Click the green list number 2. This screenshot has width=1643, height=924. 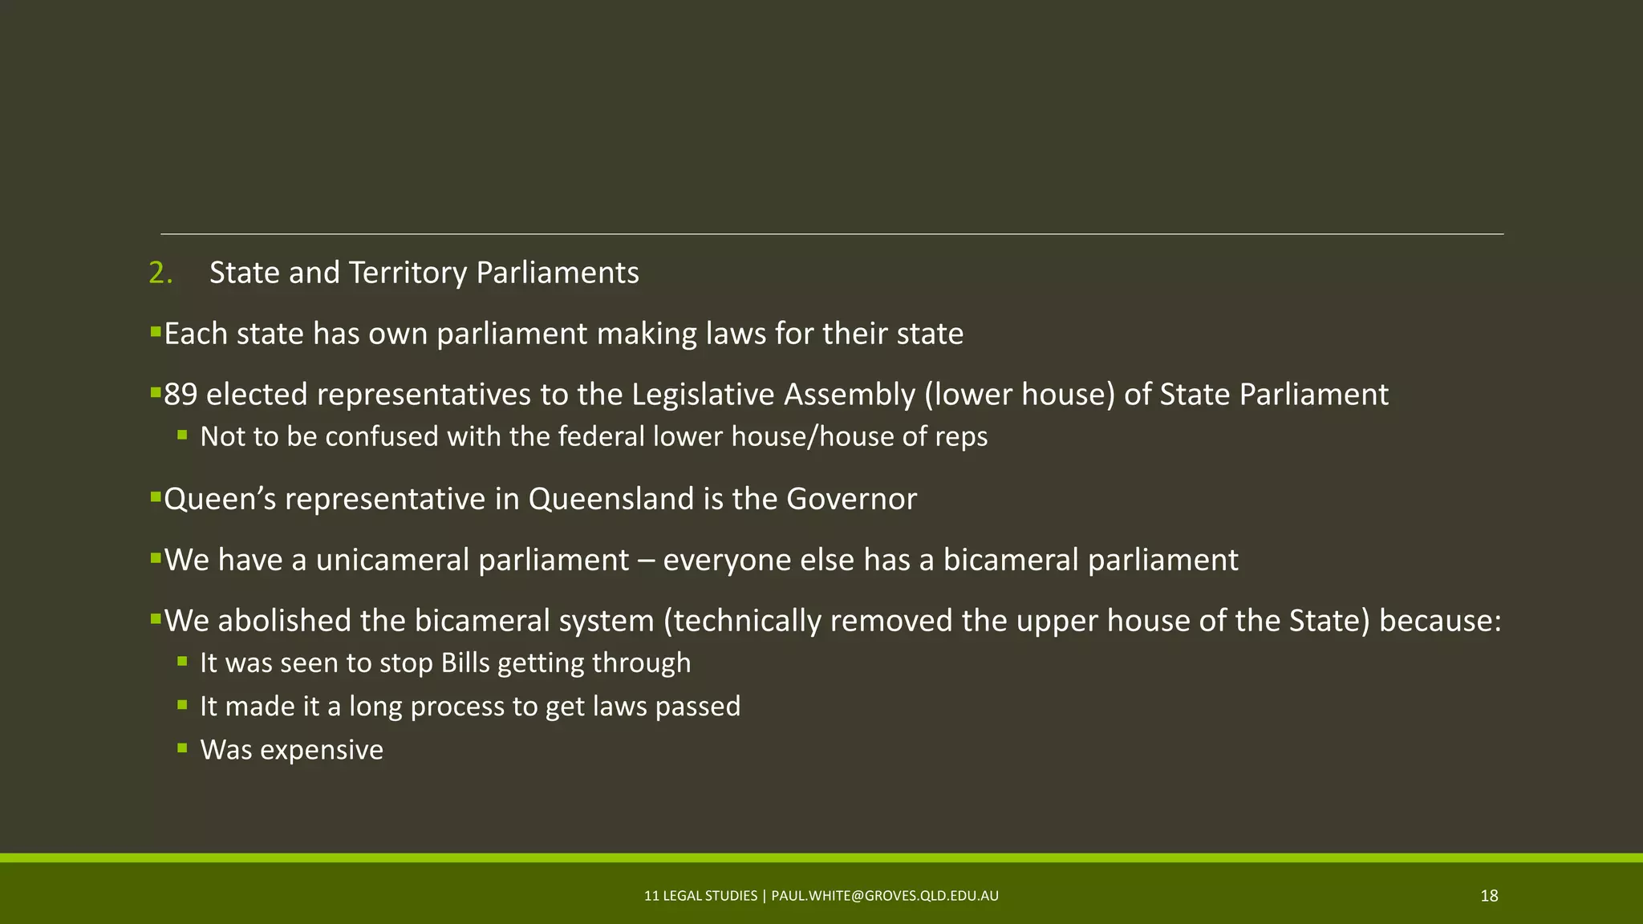pos(160,274)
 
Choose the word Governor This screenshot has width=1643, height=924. pos(851,499)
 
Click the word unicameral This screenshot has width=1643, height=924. pos(392,560)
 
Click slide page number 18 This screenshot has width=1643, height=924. pos(1489,896)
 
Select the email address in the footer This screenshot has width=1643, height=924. pos(885,896)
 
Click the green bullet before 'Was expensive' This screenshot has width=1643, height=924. pos(183,748)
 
